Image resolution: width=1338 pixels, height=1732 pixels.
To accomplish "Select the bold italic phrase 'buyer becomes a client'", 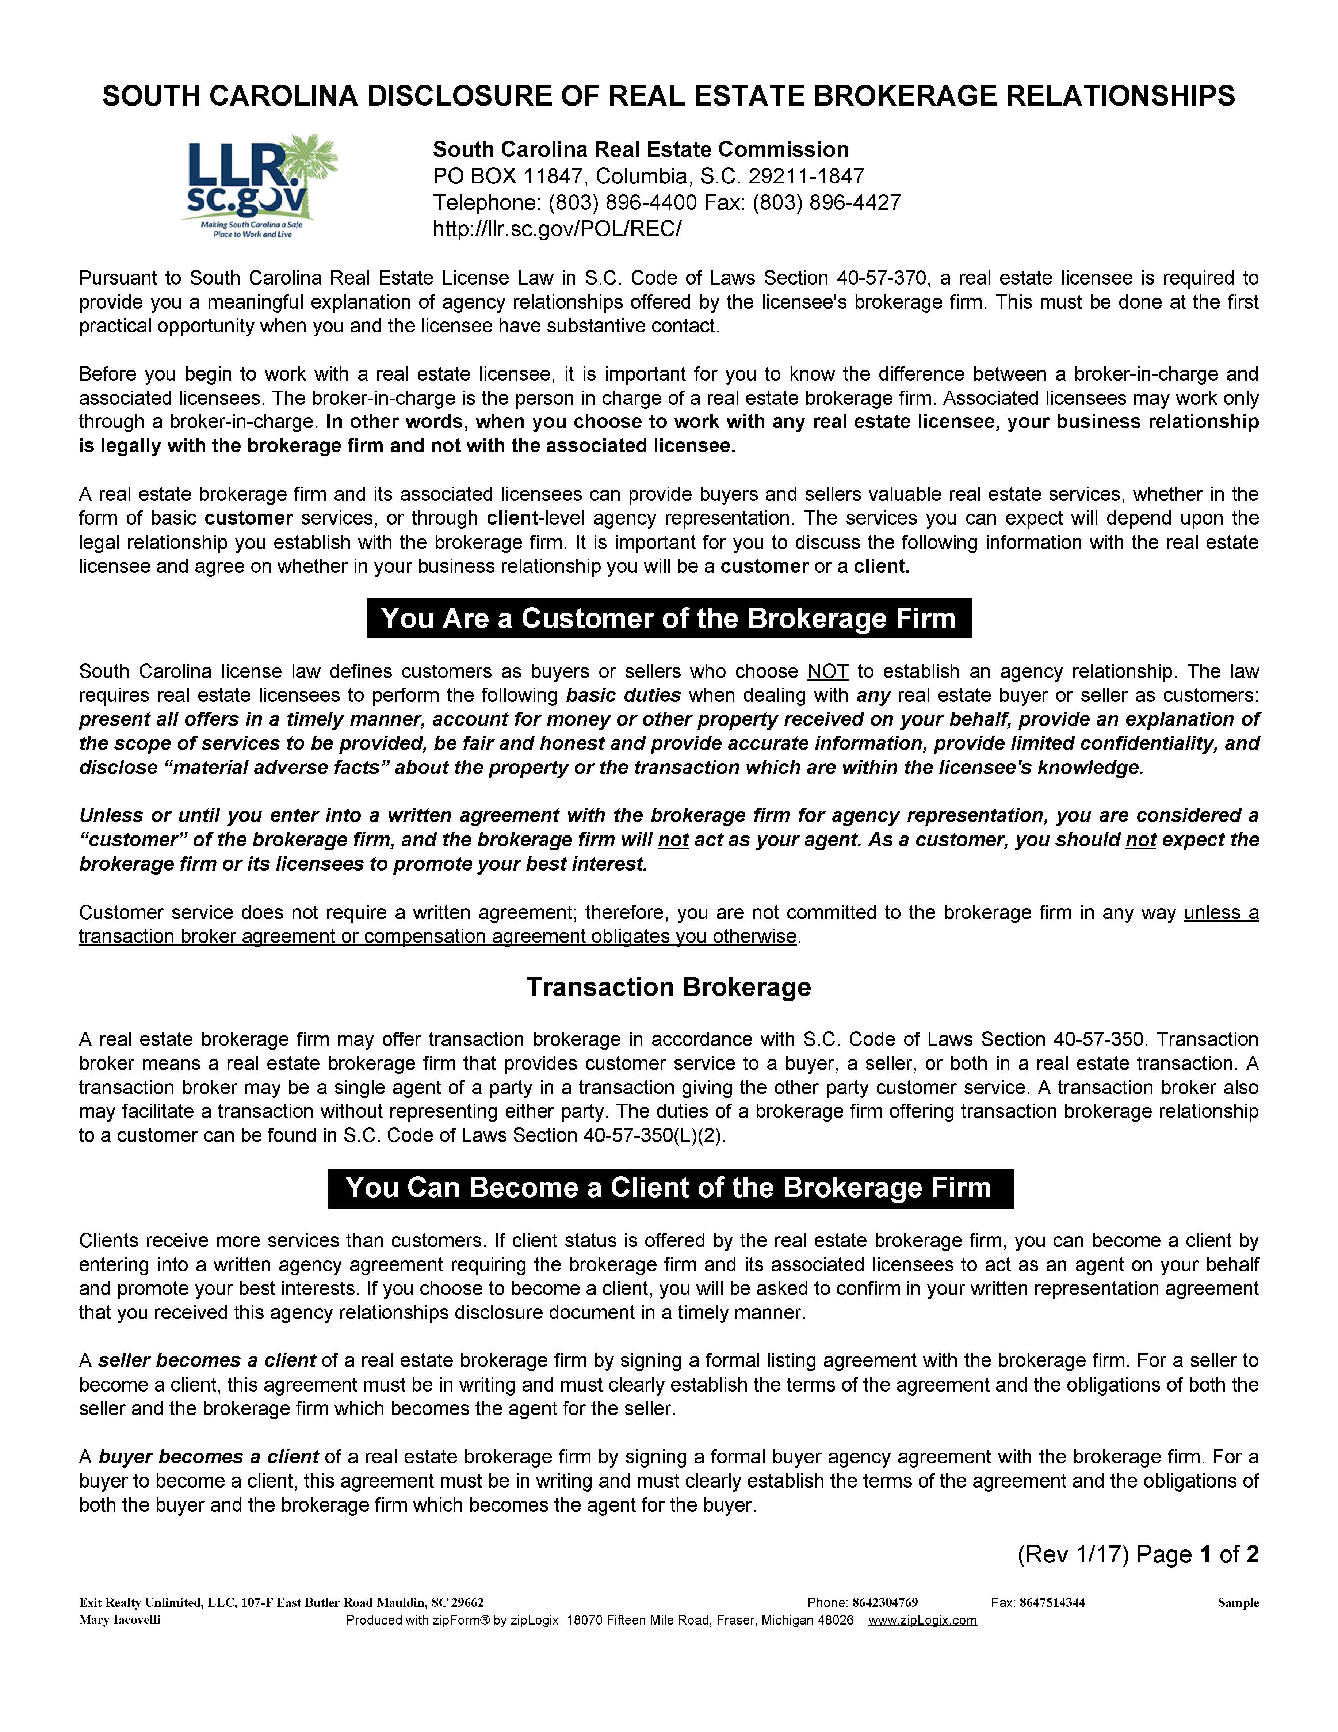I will pyautogui.click(x=209, y=1457).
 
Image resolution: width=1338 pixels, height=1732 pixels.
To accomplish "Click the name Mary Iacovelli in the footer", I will pyautogui.click(x=120, y=1619).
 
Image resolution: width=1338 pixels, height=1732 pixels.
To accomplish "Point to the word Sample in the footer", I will pyautogui.click(x=1237, y=1603).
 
